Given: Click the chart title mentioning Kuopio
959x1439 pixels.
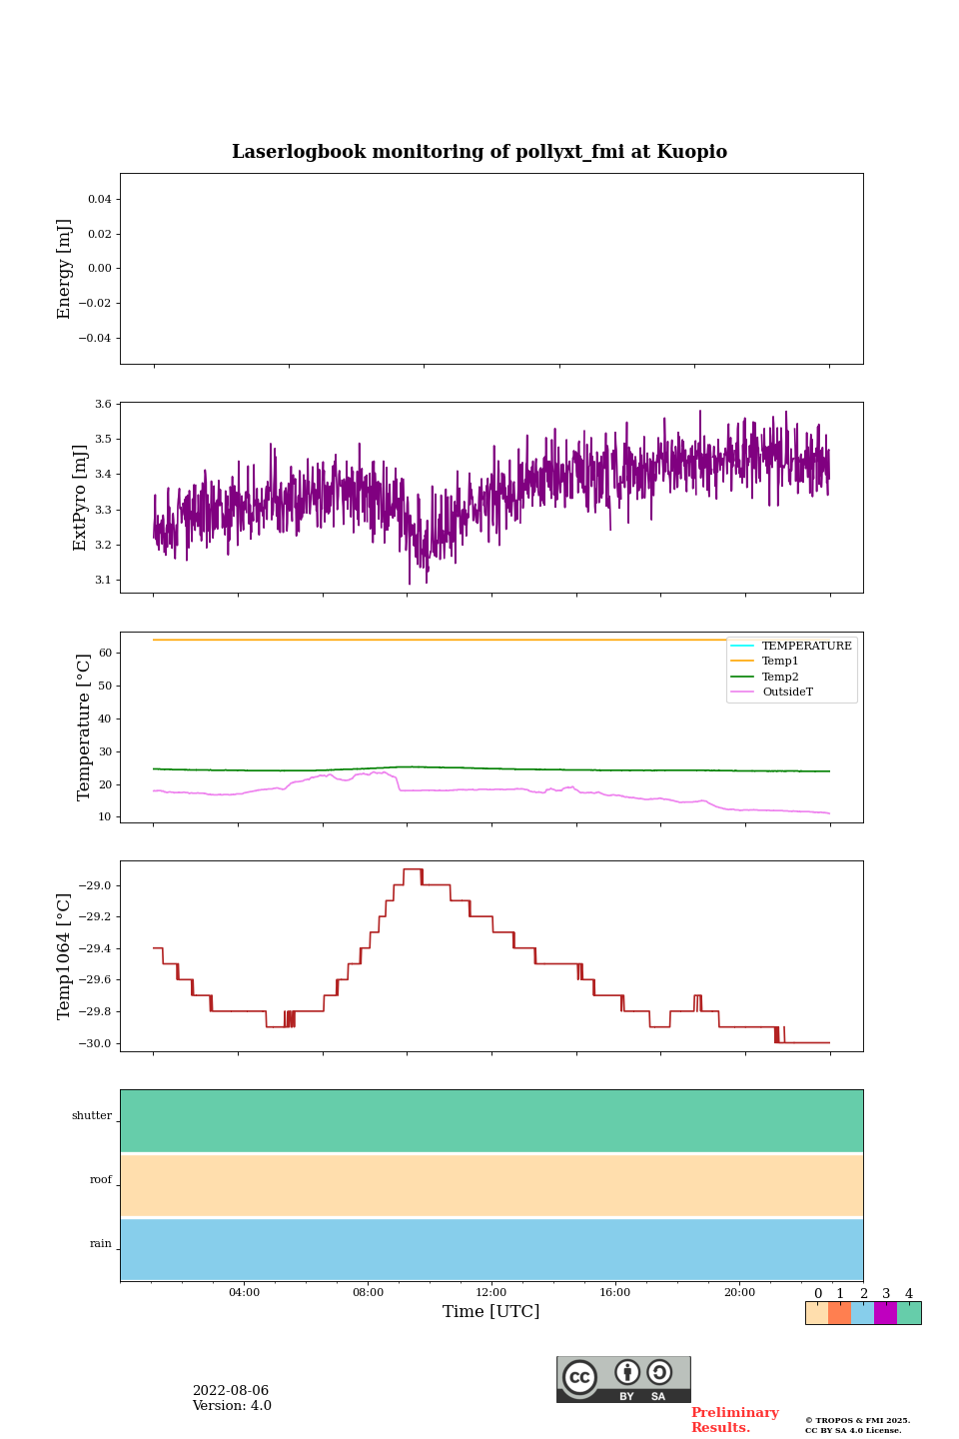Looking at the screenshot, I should point(479,152).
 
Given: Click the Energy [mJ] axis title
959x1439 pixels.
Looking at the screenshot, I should point(65,269).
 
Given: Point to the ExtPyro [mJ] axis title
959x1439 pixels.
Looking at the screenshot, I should point(81,498).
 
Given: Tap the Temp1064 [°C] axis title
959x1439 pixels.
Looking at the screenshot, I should point(65,956).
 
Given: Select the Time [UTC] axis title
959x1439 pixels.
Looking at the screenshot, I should point(490,1311).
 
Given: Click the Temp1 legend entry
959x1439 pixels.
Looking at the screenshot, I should point(780,662).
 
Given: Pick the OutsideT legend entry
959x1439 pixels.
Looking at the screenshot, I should point(787,693).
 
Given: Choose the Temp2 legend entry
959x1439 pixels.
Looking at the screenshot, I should point(780,677).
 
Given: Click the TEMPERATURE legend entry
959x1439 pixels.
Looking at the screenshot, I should point(806,647).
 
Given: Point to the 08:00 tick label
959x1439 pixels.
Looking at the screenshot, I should point(368,1293).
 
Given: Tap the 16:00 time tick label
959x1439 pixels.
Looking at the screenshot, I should point(615,1293).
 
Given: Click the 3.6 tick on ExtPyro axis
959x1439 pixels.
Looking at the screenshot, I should point(102,405).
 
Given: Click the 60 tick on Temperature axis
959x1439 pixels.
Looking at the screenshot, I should point(105,654).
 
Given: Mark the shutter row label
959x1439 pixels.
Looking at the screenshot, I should point(92,1116).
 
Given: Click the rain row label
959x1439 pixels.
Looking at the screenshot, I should point(101,1244).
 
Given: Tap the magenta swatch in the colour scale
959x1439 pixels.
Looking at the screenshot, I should point(885,1313).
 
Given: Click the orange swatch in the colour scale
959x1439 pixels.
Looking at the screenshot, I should point(839,1313).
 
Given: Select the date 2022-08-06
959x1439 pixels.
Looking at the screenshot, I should point(231,1391).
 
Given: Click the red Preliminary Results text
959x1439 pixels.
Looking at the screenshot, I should point(734,1420).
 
